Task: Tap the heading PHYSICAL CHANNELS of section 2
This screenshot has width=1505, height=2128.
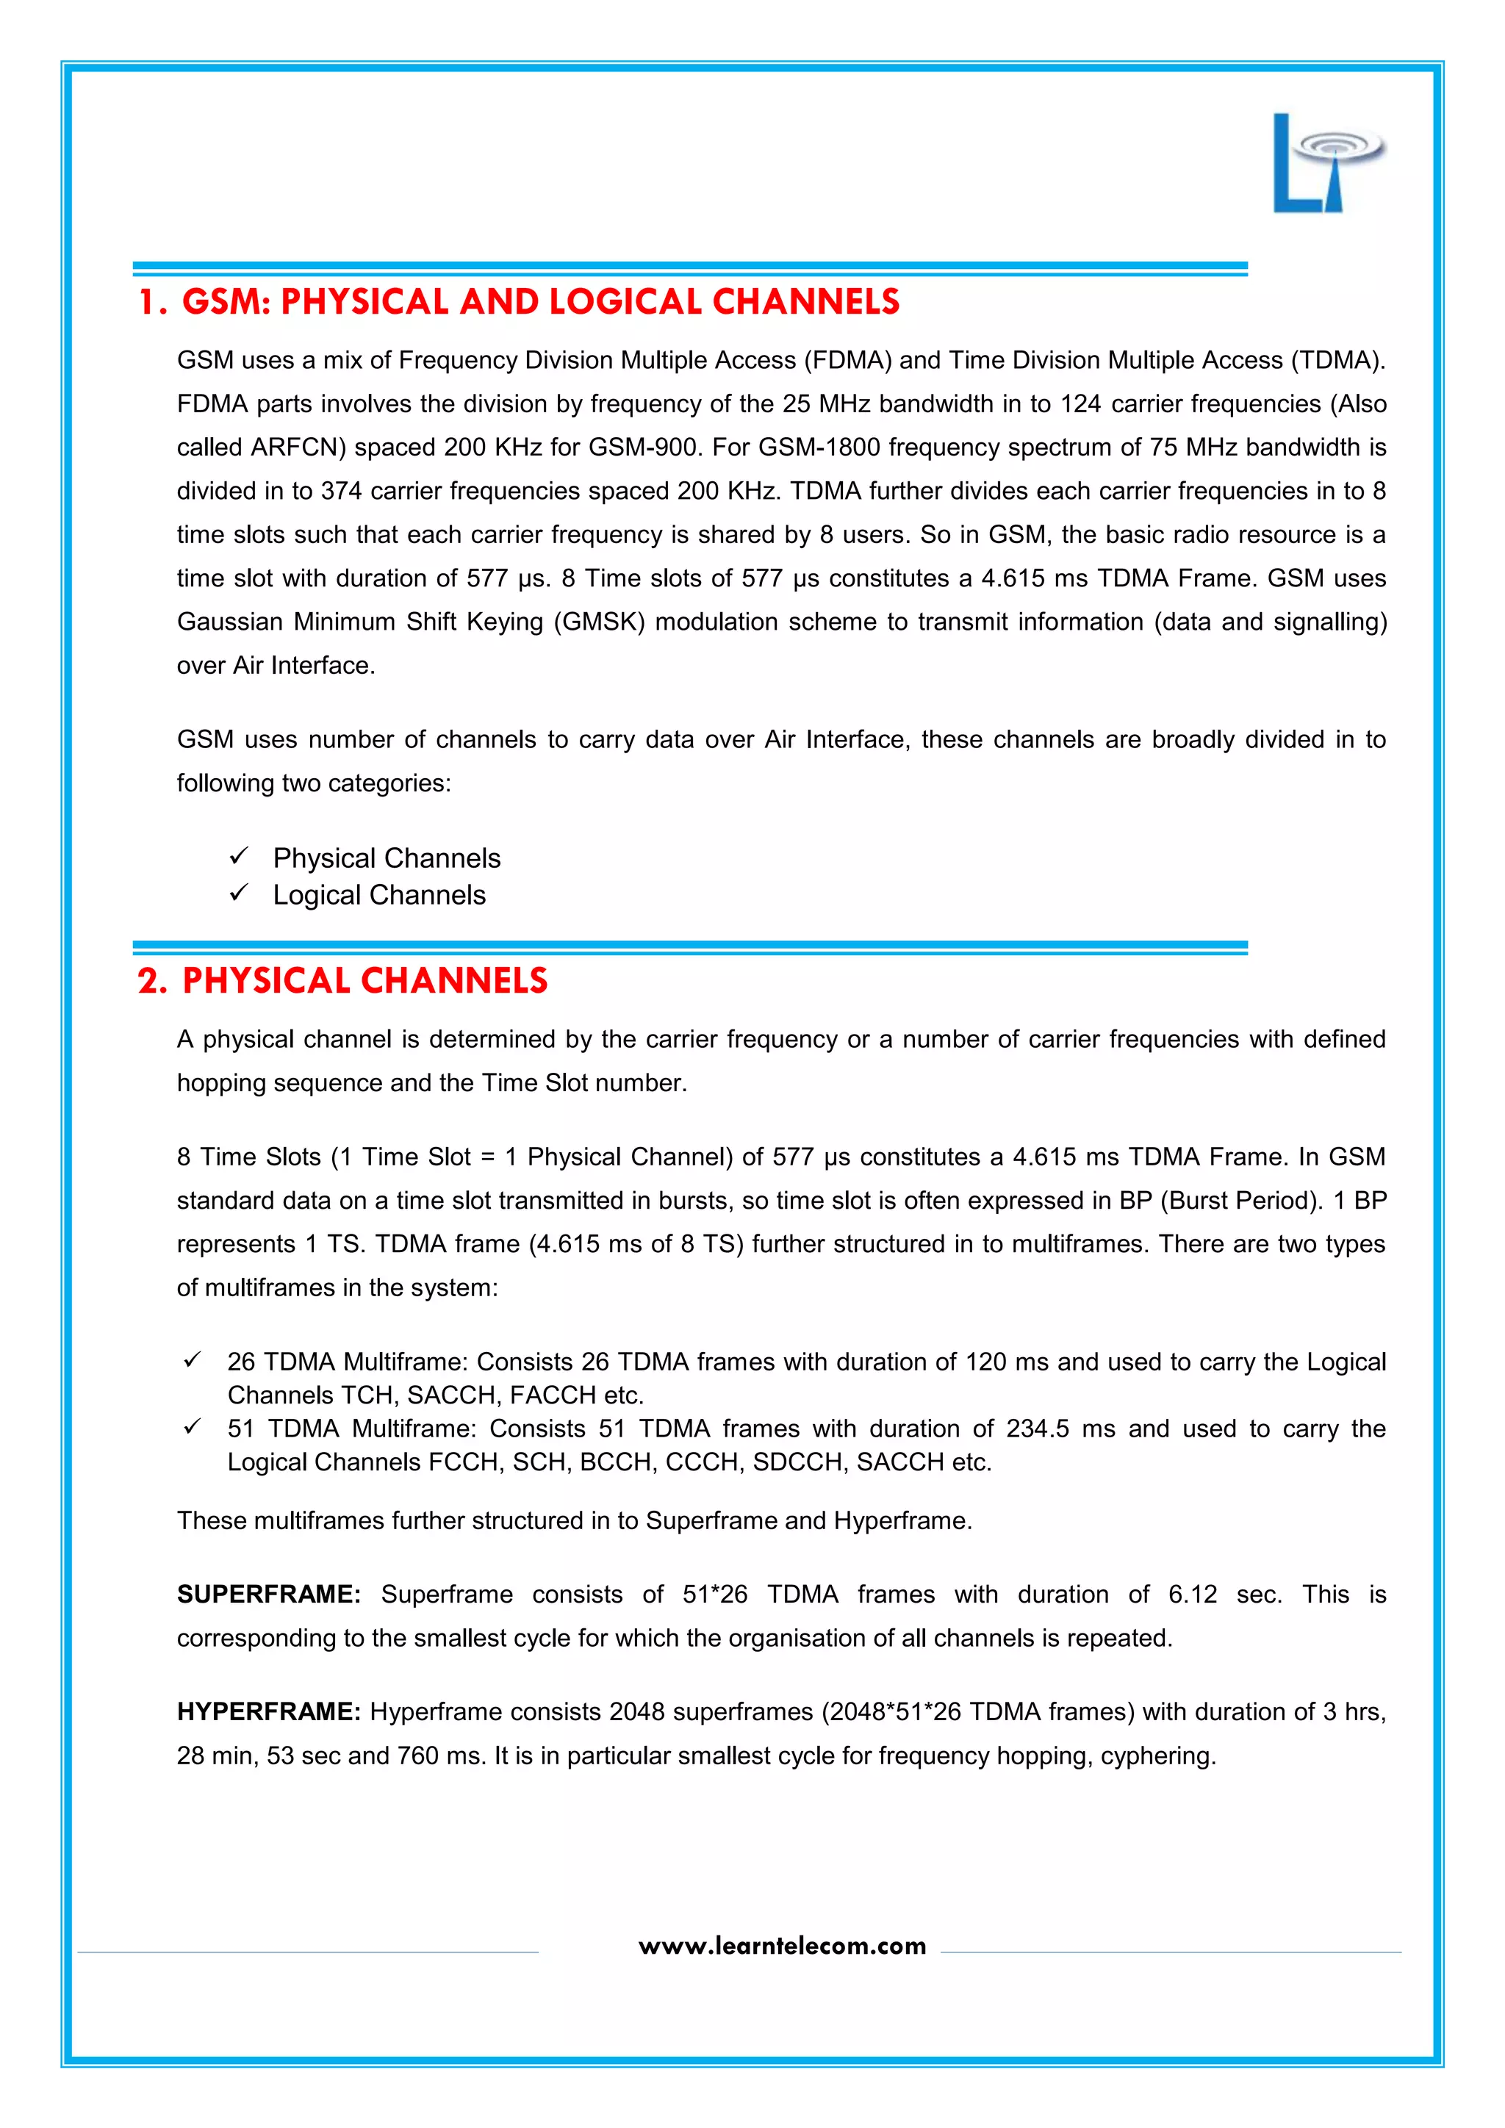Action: click(x=364, y=980)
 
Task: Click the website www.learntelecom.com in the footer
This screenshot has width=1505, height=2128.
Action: click(x=782, y=1946)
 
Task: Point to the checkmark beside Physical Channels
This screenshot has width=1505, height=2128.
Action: click(x=239, y=855)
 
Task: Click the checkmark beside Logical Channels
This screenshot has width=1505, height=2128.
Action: click(x=239, y=893)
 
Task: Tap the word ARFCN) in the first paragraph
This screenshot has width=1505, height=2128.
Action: click(x=298, y=447)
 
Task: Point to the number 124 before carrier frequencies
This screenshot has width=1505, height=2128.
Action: click(x=1080, y=404)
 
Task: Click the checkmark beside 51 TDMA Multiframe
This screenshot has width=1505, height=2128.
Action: click(x=192, y=1426)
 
